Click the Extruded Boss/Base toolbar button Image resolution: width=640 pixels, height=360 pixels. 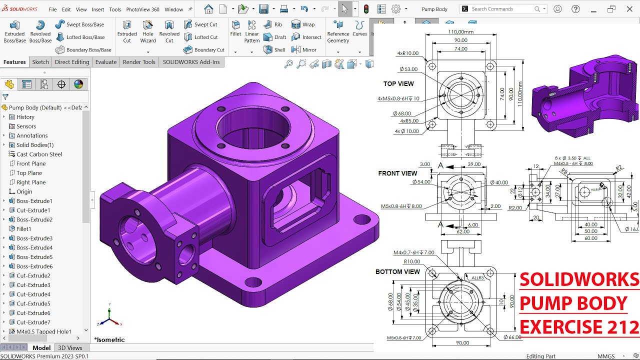tap(14, 31)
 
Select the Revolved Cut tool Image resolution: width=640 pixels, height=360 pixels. tap(169, 31)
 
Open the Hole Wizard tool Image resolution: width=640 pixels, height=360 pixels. tap(148, 31)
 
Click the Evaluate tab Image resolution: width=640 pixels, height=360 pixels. tap(106, 62)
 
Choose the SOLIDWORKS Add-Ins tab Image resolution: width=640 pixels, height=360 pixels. tap(191, 62)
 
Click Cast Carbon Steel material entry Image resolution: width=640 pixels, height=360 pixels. tap(39, 154)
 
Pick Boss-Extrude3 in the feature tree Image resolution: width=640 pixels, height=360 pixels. tap(34, 238)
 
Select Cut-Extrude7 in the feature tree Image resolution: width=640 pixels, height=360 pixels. tap(33, 322)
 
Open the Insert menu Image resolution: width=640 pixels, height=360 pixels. tap(98, 9)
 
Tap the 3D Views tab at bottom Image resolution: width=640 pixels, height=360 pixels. tap(70, 348)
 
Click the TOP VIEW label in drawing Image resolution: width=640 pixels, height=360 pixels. tap(398, 84)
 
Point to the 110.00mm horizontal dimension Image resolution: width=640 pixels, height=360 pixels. tap(460, 31)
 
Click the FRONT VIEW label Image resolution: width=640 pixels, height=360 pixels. tap(397, 173)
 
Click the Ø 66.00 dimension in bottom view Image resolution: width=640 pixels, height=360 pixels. tap(512, 337)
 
